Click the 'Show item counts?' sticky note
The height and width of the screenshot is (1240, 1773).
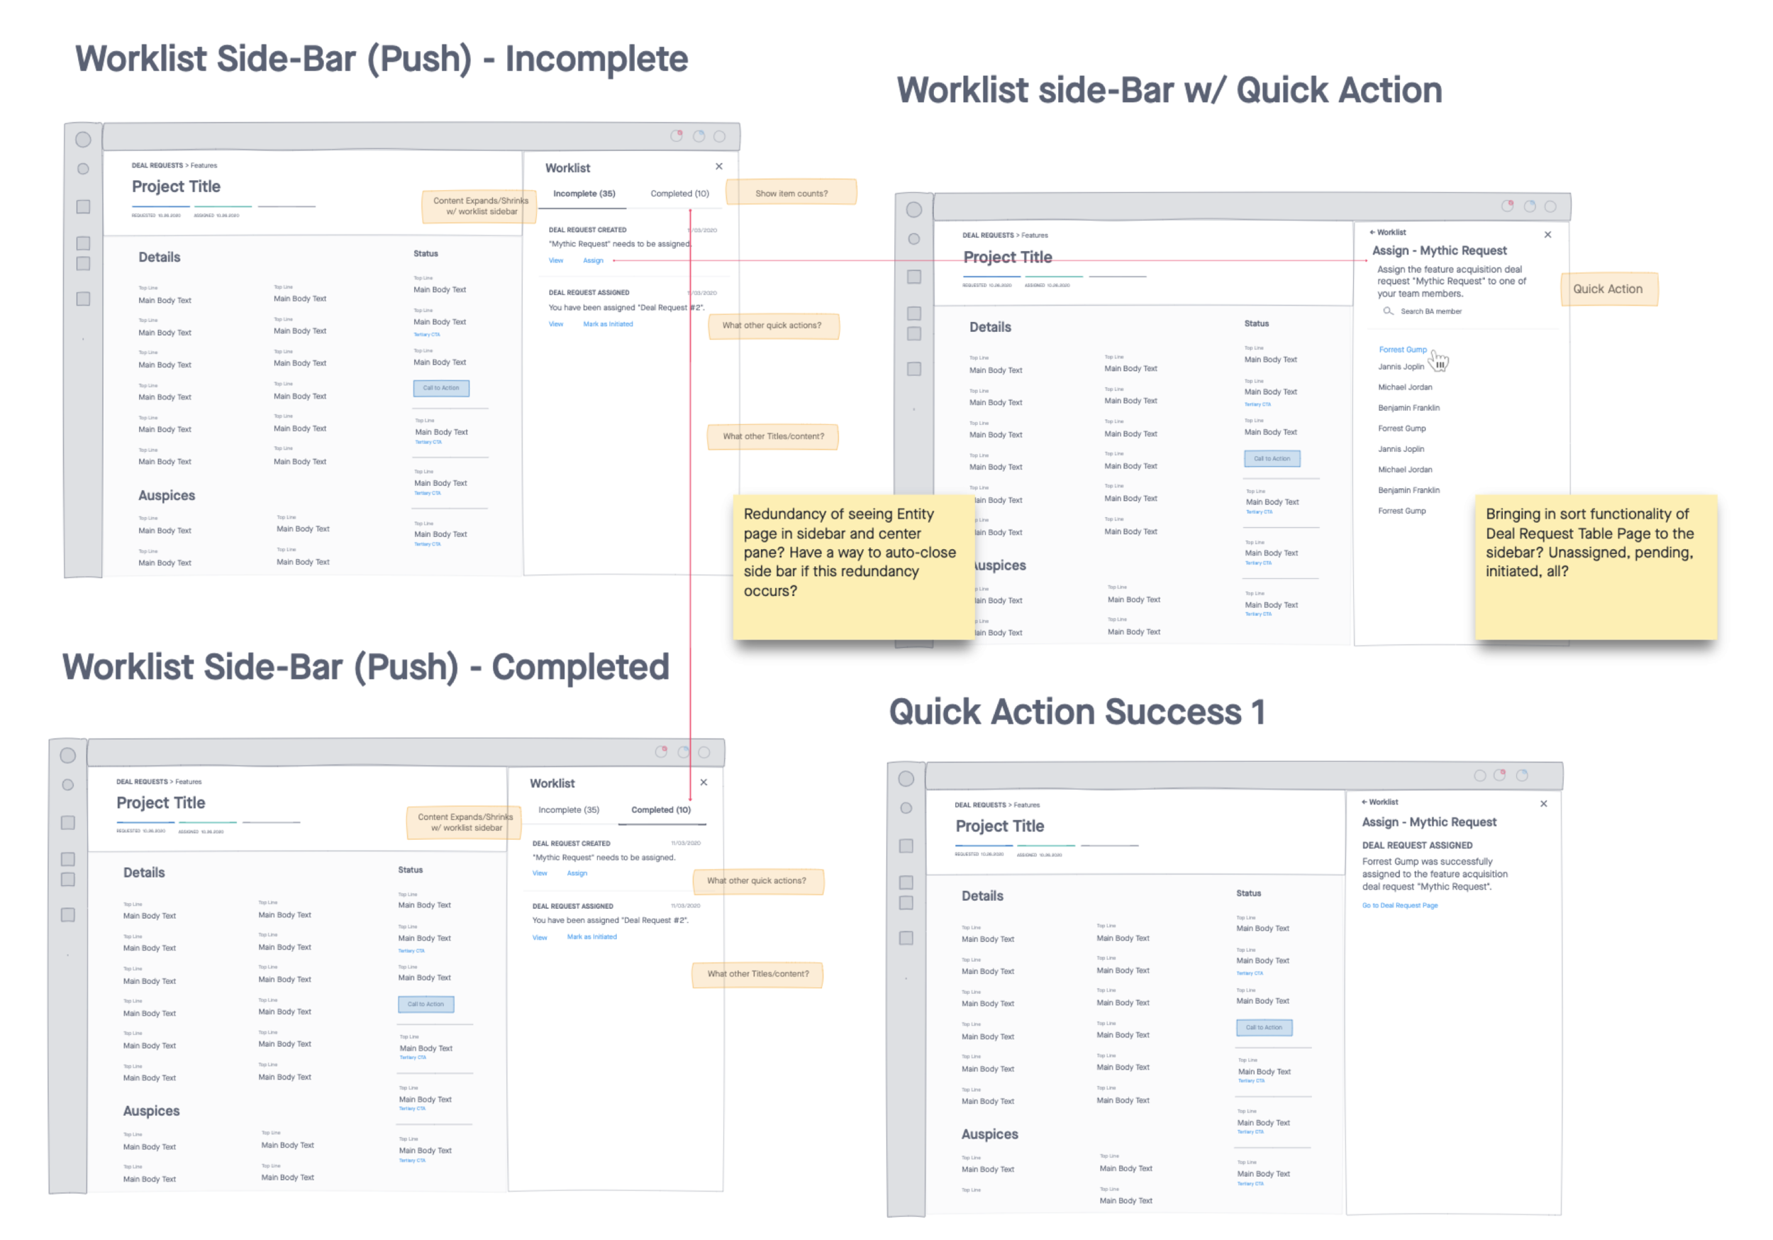[791, 193]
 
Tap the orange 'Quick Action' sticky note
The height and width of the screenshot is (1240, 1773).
[1608, 289]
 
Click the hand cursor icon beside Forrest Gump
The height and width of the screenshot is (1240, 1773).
[1440, 361]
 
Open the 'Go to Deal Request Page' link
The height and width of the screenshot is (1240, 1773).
[1399, 905]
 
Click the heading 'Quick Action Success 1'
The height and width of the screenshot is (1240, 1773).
[1077, 712]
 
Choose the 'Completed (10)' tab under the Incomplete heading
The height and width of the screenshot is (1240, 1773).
[679, 194]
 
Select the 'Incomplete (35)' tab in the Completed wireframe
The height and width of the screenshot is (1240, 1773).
[568, 809]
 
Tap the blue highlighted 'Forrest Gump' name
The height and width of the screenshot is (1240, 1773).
[1402, 349]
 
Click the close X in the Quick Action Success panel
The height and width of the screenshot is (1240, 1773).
[1543, 804]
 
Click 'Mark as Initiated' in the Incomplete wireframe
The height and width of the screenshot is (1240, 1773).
[608, 324]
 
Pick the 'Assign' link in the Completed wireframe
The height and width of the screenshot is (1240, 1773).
[577, 873]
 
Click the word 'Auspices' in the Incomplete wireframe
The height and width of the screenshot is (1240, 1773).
[167, 495]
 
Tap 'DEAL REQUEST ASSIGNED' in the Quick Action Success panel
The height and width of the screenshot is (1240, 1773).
[1417, 845]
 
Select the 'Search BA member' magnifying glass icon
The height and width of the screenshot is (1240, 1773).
[1388, 311]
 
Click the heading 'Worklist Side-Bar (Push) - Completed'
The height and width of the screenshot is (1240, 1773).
[365, 667]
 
